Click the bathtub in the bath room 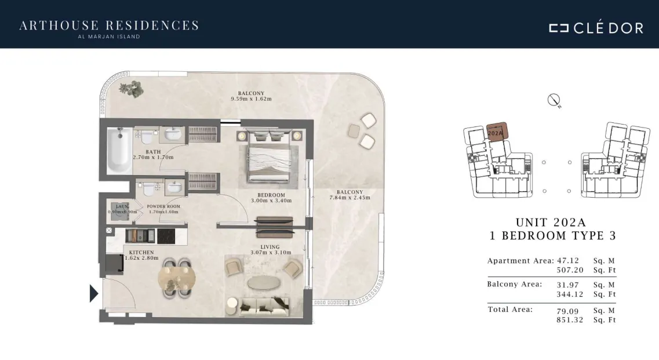[x=119, y=150]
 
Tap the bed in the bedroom [x=269, y=158]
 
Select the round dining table [x=177, y=278]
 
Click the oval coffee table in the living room [x=264, y=283]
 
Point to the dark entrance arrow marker [x=94, y=293]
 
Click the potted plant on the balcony [x=131, y=89]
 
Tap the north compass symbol [x=554, y=100]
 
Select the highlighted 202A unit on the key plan [x=497, y=132]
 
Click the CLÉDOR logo [x=596, y=27]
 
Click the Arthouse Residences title [x=109, y=26]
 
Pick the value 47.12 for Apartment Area [x=568, y=261]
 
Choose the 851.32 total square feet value [x=570, y=319]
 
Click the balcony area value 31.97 [x=568, y=285]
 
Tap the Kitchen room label [x=141, y=252]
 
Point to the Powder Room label [x=163, y=206]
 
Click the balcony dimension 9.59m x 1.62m [x=251, y=99]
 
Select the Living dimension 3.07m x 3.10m [x=271, y=252]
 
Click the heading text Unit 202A [x=551, y=222]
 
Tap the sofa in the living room [x=264, y=306]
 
